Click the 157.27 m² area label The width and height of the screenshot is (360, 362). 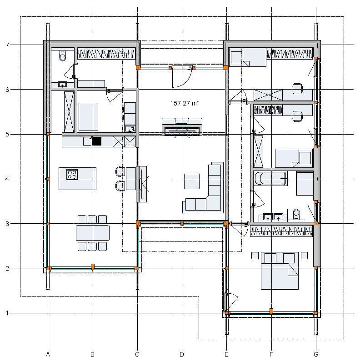point(185,103)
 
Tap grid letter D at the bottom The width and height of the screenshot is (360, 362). point(182,354)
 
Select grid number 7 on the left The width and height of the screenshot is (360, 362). point(7,45)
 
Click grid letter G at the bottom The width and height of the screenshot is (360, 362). point(316,354)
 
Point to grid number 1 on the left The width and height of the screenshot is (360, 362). point(7,313)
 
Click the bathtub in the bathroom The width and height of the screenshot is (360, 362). point(270,178)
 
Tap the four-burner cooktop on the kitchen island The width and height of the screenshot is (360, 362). point(72,174)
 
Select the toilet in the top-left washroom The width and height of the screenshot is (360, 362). point(63,55)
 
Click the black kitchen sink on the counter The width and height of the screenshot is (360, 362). point(96,141)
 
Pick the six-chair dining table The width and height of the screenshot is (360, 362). point(93,233)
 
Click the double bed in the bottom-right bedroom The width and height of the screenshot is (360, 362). point(280,271)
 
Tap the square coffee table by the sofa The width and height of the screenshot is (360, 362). point(192,181)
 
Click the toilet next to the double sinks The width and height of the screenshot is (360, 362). point(296,215)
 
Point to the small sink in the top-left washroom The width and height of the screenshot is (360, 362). point(62,85)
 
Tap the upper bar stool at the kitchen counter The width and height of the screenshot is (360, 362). point(120,172)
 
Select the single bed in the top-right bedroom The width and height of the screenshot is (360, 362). point(248,57)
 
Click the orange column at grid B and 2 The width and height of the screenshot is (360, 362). point(93,267)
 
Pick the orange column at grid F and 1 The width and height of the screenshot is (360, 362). point(271,312)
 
